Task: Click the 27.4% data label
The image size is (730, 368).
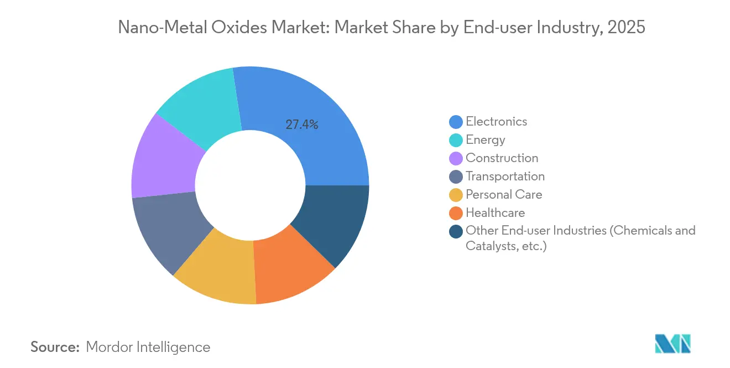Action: pyautogui.click(x=301, y=125)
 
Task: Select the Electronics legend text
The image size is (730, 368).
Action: pyautogui.click(x=496, y=121)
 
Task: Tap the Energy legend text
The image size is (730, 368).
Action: pyautogui.click(x=485, y=139)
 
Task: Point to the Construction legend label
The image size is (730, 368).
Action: pyautogui.click(x=502, y=158)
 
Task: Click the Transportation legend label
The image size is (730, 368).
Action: pyautogui.click(x=505, y=176)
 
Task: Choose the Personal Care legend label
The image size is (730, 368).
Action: pyautogui.click(x=504, y=194)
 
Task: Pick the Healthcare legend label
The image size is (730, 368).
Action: pyautogui.click(x=495, y=212)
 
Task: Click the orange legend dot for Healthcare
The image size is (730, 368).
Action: pyautogui.click(x=456, y=213)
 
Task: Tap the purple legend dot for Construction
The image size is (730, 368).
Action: pyautogui.click(x=456, y=158)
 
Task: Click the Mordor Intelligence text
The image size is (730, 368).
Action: pyautogui.click(x=148, y=347)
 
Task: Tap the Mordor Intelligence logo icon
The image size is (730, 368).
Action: pyautogui.click(x=672, y=344)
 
